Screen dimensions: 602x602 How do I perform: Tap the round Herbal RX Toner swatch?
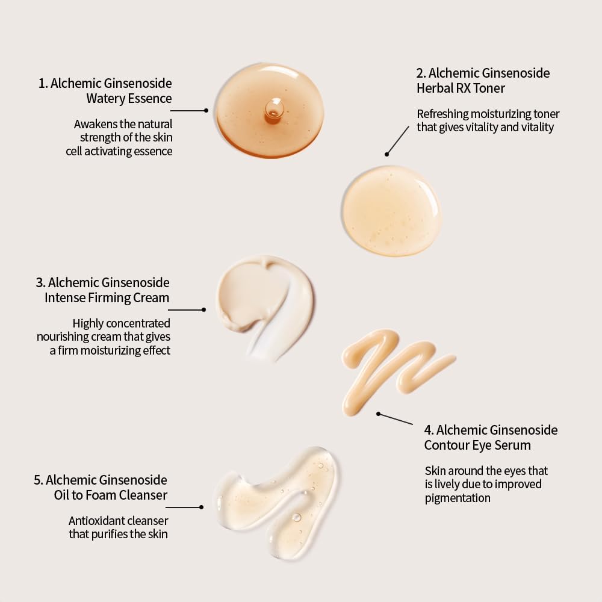coord(392,211)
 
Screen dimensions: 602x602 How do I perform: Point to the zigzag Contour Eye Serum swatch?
coord(396,370)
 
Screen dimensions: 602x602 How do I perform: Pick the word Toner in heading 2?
coord(489,88)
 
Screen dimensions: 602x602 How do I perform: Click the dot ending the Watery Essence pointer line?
coord(206,111)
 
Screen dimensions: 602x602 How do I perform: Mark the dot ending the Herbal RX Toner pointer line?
coord(386,154)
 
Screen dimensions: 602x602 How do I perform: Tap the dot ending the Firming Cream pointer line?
coord(204,309)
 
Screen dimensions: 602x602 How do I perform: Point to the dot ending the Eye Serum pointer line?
coord(378,414)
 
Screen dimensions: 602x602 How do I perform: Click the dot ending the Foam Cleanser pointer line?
coord(201,507)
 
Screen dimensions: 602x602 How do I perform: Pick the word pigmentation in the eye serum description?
coord(458,498)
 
